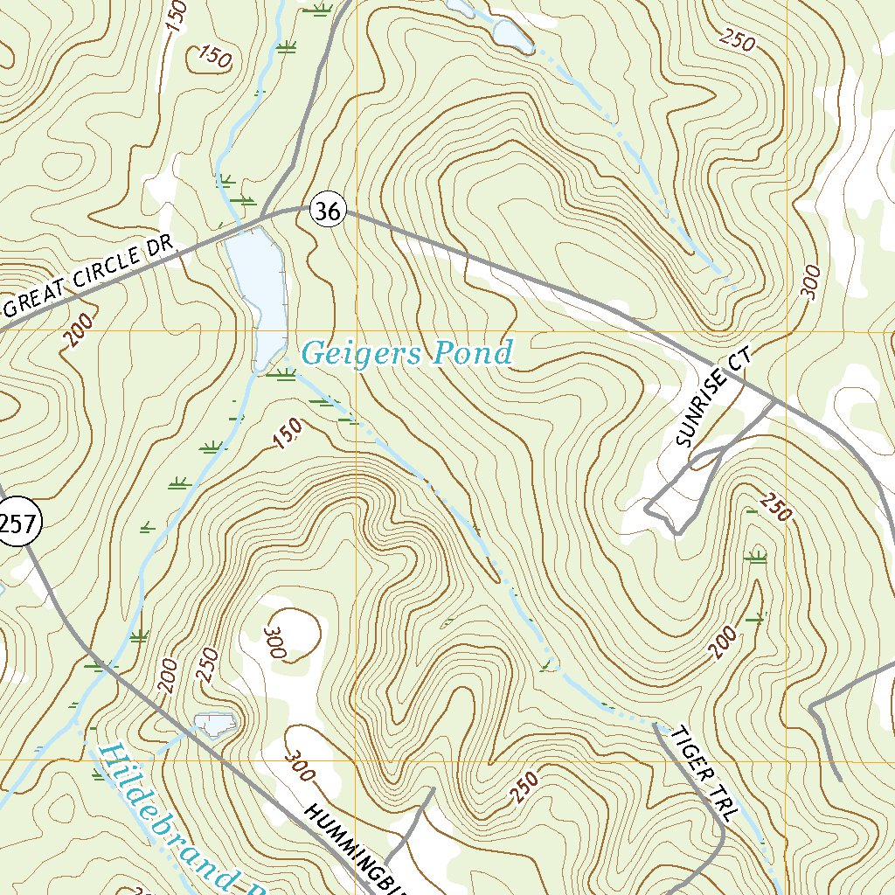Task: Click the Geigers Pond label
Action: coord(406,354)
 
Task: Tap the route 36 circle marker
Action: coord(329,211)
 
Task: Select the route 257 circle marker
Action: coord(17,524)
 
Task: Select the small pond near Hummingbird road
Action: coord(216,723)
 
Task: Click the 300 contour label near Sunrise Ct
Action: coord(810,282)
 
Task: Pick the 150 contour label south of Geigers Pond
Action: coord(288,434)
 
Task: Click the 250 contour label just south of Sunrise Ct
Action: coord(774,508)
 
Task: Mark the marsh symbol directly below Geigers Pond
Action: coord(280,376)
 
